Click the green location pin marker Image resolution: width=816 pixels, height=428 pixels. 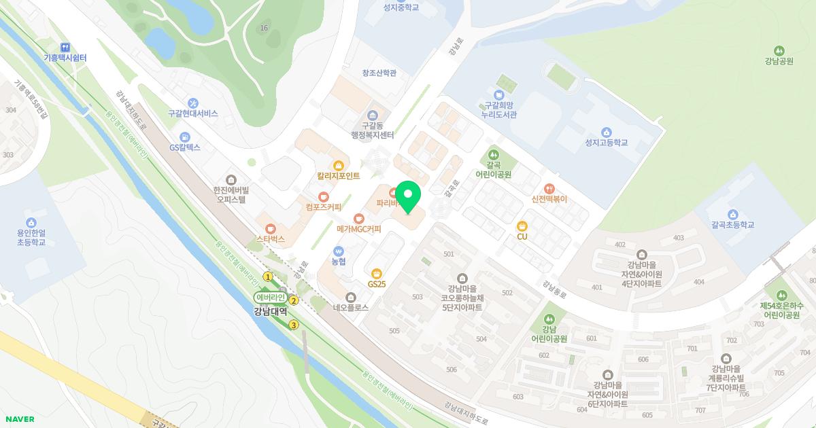click(x=408, y=196)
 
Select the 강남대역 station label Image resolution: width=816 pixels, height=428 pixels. click(x=271, y=312)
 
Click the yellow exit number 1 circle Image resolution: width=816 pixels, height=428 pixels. click(x=268, y=277)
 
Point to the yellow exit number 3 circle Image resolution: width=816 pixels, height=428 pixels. click(x=294, y=325)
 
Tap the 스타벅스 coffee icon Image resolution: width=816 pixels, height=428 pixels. click(x=271, y=229)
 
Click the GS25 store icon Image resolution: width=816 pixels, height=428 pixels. click(x=376, y=274)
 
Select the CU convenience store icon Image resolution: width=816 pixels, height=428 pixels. click(x=522, y=226)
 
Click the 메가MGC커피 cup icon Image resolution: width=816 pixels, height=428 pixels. click(x=358, y=219)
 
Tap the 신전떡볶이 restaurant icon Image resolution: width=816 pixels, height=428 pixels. click(x=549, y=189)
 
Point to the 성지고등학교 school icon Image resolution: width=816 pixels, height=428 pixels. click(x=606, y=132)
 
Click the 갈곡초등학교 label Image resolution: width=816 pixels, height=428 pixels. click(x=732, y=224)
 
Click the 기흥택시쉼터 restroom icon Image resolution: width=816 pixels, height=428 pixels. click(x=65, y=48)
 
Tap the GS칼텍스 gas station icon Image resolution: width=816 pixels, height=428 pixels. click(x=184, y=137)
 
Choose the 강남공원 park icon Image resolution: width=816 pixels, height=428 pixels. click(x=779, y=51)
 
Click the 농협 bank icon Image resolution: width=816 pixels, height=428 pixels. click(x=339, y=251)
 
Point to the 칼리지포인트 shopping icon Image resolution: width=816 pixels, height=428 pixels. click(x=338, y=166)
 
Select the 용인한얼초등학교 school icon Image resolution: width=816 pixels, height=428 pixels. click(x=31, y=223)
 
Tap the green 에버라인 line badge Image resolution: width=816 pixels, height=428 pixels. click(x=270, y=298)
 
